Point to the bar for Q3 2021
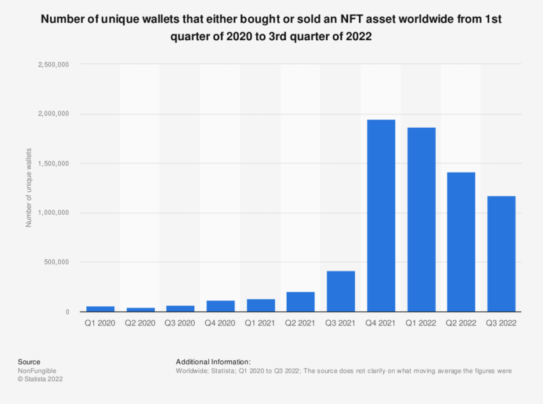tap(340, 291)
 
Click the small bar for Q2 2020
tap(140, 309)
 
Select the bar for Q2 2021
tap(300, 302)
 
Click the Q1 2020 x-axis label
tap(100, 323)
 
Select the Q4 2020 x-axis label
tap(220, 323)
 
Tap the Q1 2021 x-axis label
tap(260, 323)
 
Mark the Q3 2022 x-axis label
tap(501, 323)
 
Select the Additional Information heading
tap(213, 361)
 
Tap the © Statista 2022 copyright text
tap(40, 378)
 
